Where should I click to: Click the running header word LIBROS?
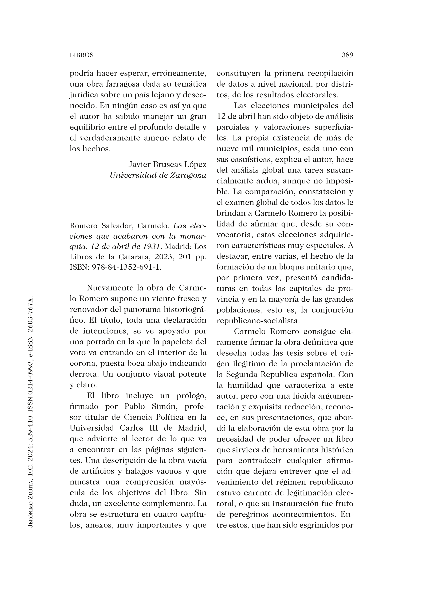82,55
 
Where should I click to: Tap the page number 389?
347,55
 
